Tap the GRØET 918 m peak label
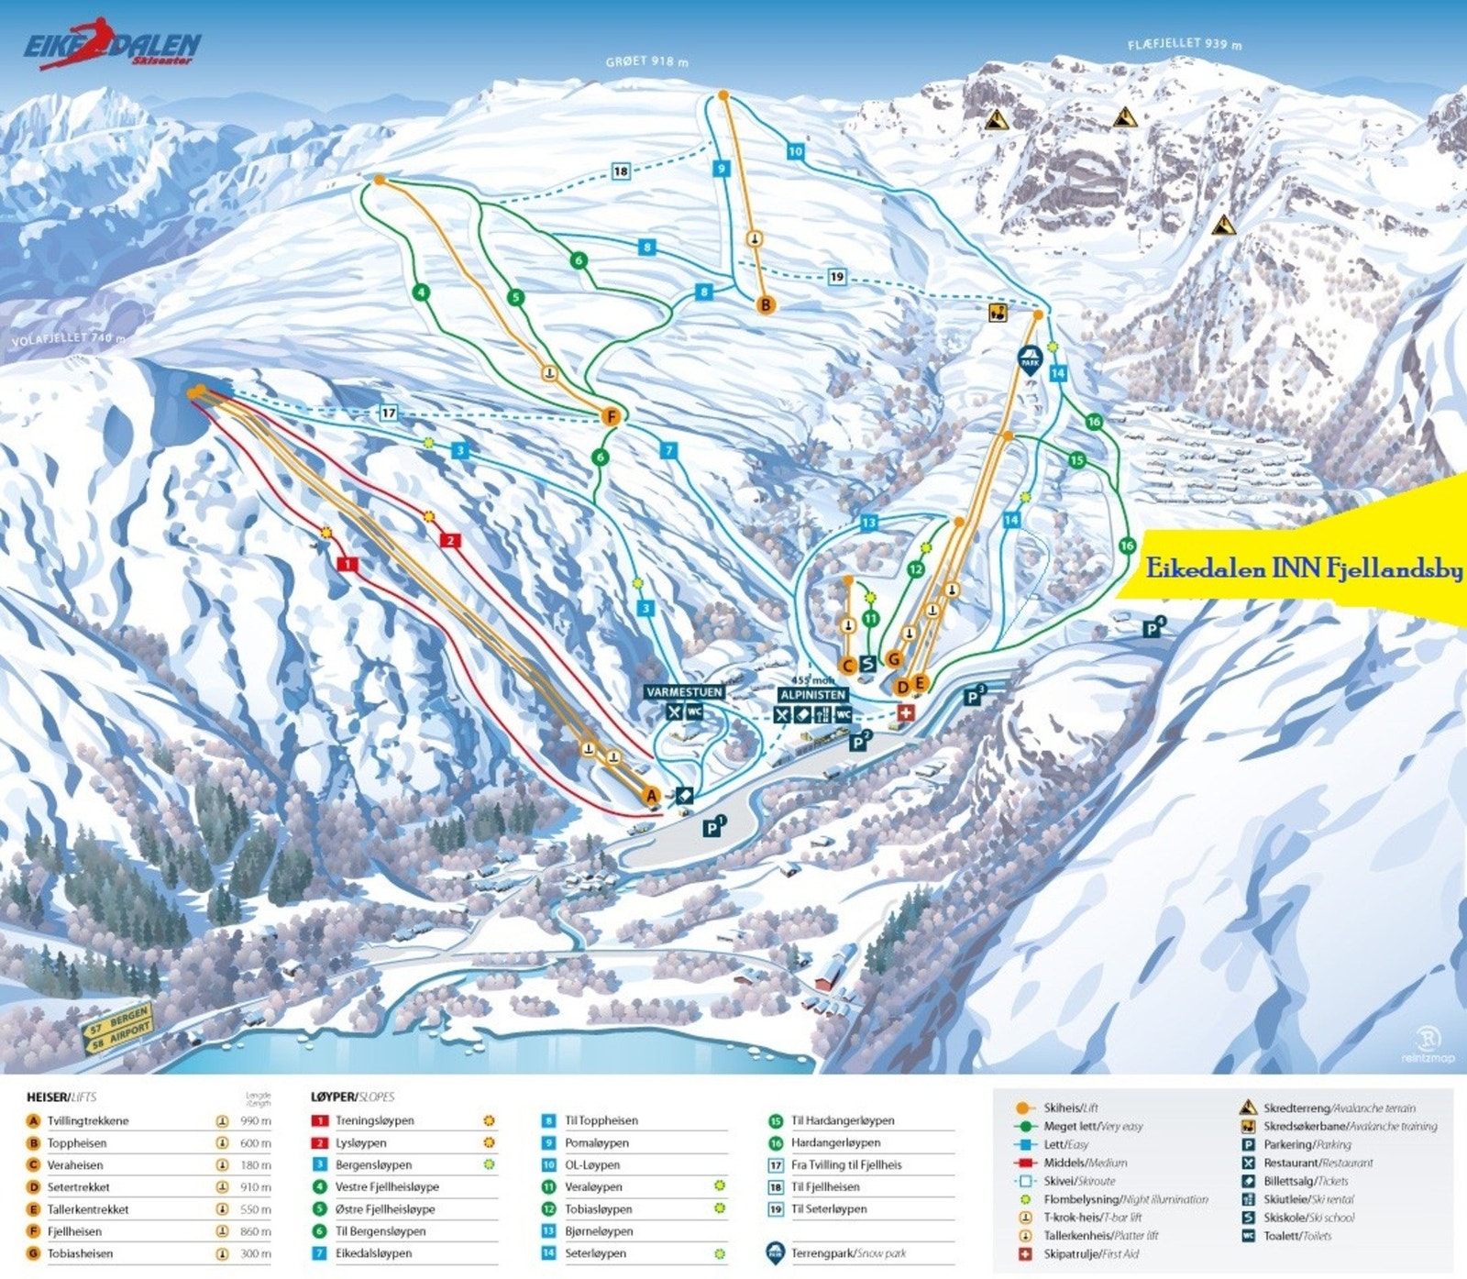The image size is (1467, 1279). (x=646, y=61)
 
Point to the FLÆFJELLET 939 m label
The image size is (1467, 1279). (x=1185, y=43)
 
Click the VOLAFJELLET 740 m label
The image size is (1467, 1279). (x=69, y=338)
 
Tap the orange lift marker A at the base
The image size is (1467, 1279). (x=651, y=795)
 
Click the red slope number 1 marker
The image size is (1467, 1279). (x=347, y=564)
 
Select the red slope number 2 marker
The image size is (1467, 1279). (x=449, y=540)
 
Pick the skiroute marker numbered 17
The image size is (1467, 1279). (x=389, y=413)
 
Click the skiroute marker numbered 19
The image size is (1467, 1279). (x=836, y=277)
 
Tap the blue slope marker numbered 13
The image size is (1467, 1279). (x=868, y=523)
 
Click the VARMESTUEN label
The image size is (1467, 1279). (x=684, y=692)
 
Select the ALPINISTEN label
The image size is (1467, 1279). (x=812, y=695)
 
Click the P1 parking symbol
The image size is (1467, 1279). (x=714, y=827)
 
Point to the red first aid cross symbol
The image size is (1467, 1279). (x=905, y=712)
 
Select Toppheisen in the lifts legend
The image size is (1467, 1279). (x=77, y=1143)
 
